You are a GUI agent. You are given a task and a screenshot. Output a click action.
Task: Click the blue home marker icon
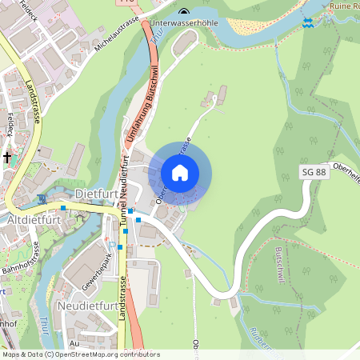coord(180,173)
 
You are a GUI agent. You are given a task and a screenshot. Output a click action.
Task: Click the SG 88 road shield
coord(314,172)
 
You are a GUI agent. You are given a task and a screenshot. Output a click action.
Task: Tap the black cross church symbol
coord(7,158)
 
